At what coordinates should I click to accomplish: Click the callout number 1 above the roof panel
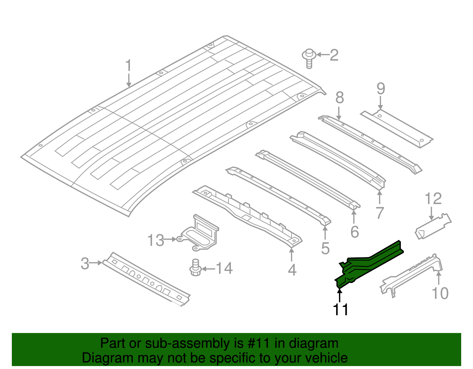[x=128, y=66]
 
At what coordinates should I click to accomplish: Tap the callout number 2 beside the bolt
[x=334, y=55]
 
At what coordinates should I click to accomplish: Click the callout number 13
[x=156, y=240]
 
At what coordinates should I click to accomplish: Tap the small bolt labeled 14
[x=195, y=268]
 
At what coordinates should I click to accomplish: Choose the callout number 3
[x=85, y=263]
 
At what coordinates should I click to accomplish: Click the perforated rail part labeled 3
[x=146, y=279]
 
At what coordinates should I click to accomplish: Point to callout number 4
[x=292, y=270]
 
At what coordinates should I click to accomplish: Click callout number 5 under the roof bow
[x=325, y=248]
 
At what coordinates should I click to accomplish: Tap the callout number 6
[x=354, y=232]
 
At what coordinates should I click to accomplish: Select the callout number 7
[x=380, y=213]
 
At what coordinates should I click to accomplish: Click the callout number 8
[x=340, y=98]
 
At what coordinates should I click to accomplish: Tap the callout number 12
[x=433, y=199]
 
